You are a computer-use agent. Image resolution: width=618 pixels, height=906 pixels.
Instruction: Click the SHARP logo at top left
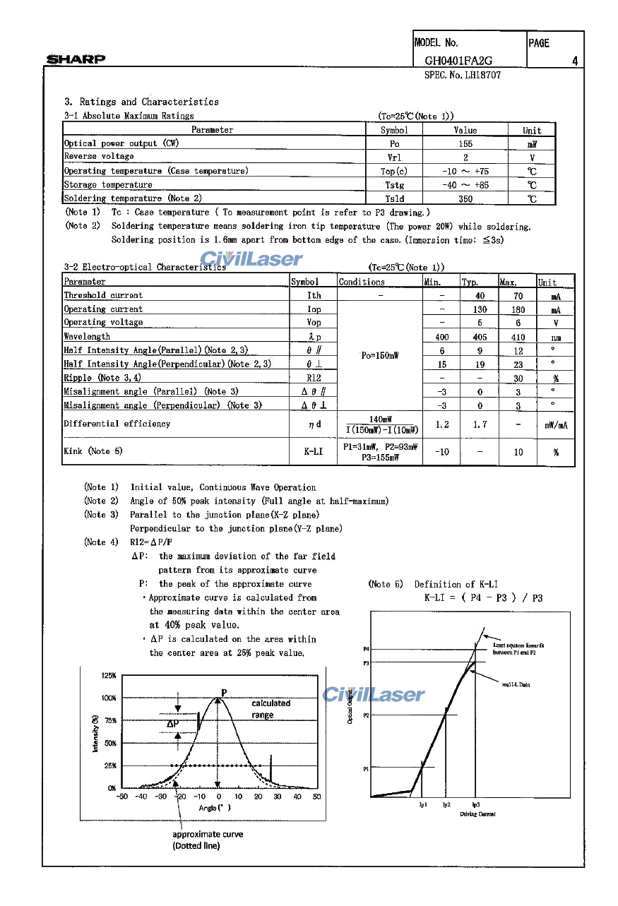click(76, 59)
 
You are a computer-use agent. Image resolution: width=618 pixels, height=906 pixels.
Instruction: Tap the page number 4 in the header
click(575, 61)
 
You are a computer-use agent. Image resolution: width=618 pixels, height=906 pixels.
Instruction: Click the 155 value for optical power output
click(465, 143)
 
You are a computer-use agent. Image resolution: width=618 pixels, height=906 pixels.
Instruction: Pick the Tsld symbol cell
click(394, 199)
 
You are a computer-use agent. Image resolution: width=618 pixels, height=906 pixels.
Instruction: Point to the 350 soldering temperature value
click(465, 199)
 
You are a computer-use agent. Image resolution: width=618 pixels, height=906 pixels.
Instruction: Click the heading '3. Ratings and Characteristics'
click(141, 102)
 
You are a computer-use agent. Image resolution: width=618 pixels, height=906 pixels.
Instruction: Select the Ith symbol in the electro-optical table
click(314, 296)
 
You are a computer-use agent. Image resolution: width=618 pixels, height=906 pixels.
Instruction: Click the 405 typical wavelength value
click(480, 337)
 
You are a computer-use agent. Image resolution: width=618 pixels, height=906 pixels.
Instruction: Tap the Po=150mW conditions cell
click(379, 356)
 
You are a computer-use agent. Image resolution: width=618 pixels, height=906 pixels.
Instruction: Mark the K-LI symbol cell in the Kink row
click(314, 451)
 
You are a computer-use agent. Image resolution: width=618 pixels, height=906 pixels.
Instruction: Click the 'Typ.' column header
click(470, 282)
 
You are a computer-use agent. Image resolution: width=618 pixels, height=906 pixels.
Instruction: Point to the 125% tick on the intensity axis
click(109, 676)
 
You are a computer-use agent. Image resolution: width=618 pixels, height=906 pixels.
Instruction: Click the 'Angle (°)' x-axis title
click(215, 807)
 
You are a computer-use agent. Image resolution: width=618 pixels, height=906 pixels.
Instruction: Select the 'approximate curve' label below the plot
click(208, 834)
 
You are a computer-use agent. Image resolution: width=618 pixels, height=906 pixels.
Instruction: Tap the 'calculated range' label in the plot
click(271, 709)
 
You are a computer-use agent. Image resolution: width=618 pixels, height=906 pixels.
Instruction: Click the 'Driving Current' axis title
click(477, 814)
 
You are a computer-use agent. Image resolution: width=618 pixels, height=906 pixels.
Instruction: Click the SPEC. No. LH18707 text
click(463, 75)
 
